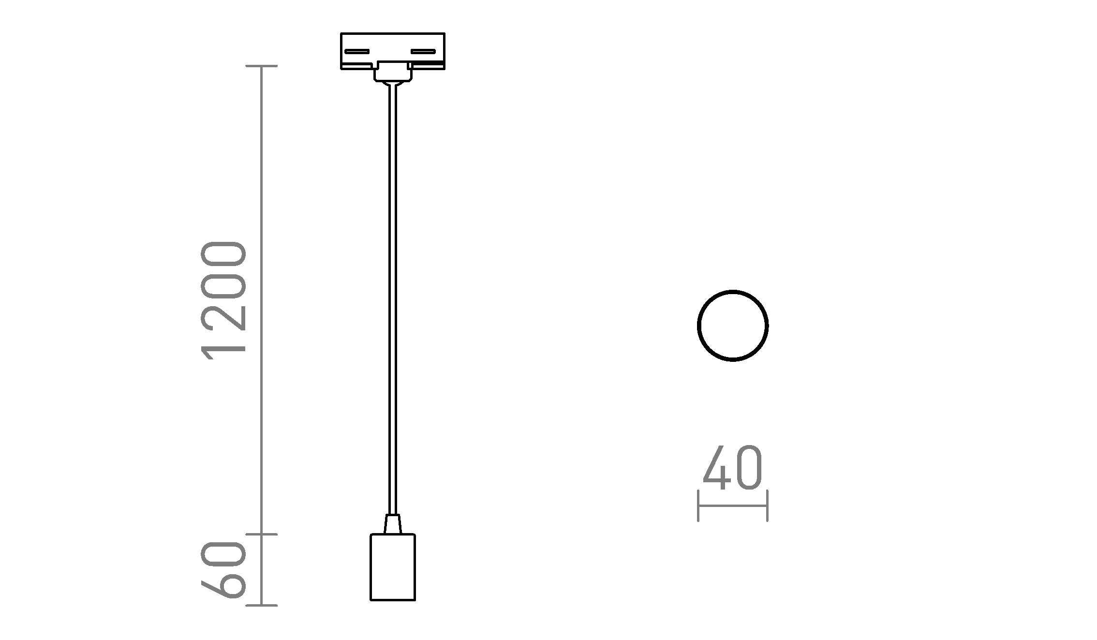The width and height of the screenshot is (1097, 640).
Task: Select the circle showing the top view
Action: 732,326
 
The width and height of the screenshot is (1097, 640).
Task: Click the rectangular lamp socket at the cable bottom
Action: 393,567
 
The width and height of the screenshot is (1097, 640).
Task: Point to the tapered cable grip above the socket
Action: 393,524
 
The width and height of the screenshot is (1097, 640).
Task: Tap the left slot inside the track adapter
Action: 356,51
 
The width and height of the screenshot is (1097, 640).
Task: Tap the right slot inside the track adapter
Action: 423,51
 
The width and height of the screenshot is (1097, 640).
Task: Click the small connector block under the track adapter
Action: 393,73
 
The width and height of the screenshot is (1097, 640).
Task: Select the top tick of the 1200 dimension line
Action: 262,66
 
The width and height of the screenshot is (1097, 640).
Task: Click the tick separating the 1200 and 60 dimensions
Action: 262,534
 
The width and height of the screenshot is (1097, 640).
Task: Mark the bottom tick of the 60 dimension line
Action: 262,605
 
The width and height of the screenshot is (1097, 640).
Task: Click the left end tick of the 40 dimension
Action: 698,506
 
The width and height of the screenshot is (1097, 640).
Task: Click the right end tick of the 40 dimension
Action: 767,506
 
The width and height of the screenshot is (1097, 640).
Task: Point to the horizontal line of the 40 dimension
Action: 732,506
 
